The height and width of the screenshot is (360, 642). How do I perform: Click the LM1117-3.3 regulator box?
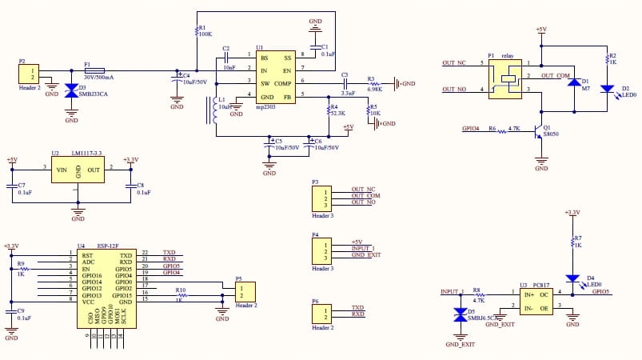click(x=78, y=170)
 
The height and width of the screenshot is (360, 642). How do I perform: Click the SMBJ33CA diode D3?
click(x=71, y=92)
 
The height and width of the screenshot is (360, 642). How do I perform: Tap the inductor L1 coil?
click(x=213, y=111)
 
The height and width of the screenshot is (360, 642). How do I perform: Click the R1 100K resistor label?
click(x=204, y=34)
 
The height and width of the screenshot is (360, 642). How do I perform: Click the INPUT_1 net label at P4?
click(x=362, y=248)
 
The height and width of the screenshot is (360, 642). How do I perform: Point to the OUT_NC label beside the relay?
click(x=453, y=63)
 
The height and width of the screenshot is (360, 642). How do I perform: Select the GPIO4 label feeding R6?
click(x=471, y=128)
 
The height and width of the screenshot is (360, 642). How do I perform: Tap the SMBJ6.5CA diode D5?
click(x=460, y=315)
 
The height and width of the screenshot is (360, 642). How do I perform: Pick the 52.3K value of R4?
click(x=341, y=114)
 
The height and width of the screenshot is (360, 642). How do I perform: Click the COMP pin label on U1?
click(x=283, y=83)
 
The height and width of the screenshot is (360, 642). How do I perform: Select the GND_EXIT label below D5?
click(x=460, y=343)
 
